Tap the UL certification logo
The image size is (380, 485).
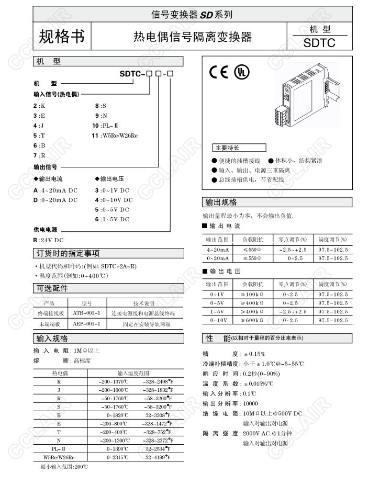click(241, 72)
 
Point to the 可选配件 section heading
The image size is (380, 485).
click(52, 288)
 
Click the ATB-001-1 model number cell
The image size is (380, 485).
click(86, 313)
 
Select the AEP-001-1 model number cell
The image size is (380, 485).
click(86, 324)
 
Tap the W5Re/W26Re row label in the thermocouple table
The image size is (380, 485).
click(59, 457)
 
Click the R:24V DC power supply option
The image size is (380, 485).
click(48, 240)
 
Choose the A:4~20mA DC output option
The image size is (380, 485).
click(55, 191)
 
